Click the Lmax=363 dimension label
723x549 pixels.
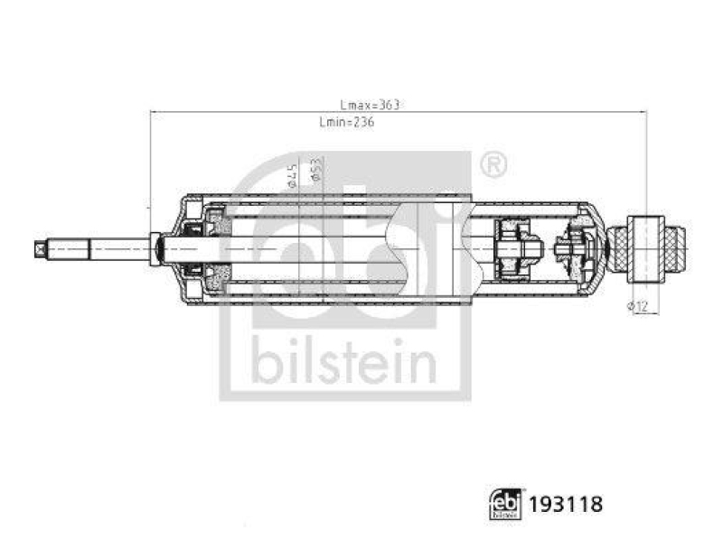(x=370, y=105)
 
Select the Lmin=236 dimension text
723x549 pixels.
(x=346, y=123)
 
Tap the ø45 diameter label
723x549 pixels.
(x=292, y=175)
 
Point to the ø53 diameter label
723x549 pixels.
(x=316, y=172)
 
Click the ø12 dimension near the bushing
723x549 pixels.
(x=638, y=307)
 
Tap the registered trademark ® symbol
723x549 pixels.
(x=493, y=164)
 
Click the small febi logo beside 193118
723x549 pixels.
(x=506, y=504)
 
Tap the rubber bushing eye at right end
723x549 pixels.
(x=647, y=243)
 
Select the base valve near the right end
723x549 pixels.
(x=574, y=246)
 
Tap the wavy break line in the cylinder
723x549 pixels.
(x=390, y=247)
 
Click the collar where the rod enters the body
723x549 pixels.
(x=157, y=247)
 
